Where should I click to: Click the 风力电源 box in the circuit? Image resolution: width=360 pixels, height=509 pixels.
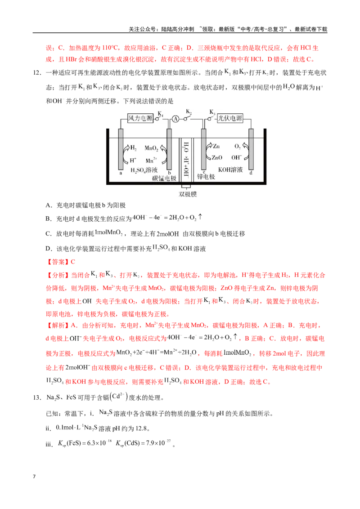[140, 118]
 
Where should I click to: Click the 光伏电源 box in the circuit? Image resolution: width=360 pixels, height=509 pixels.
[229, 118]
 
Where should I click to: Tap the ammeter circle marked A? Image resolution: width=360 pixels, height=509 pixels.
[175, 119]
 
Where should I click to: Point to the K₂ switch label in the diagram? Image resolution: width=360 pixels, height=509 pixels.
[189, 112]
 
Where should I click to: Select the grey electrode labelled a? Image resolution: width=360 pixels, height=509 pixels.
[121, 149]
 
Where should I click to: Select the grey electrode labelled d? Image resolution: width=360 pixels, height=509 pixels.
[251, 149]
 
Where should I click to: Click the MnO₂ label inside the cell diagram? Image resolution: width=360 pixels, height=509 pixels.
[151, 148]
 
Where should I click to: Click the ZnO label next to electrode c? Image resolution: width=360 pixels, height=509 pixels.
[217, 158]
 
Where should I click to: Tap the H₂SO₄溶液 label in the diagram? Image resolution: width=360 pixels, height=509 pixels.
[144, 170]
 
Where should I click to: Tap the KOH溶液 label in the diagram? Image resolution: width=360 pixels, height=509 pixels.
[230, 170]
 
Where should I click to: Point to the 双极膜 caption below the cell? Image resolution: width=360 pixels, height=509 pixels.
[188, 194]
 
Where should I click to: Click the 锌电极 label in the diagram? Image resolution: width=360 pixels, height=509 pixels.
[206, 177]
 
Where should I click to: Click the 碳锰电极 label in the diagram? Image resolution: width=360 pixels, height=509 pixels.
[164, 178]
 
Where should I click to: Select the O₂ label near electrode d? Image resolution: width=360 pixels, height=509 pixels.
[238, 147]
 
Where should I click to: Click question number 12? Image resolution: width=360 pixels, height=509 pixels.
[37, 73]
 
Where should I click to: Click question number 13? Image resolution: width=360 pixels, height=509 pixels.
[37, 397]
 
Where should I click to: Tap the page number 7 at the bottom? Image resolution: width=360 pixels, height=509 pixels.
[34, 477]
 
